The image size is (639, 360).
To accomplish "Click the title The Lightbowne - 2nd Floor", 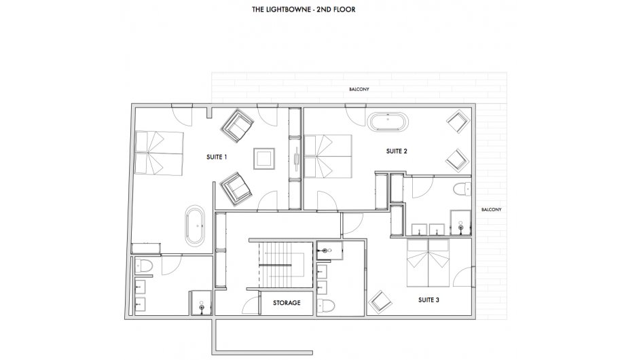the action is coord(304,10).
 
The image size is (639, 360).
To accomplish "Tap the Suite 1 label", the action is coord(217,157).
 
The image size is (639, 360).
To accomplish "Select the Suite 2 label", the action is coord(397,151).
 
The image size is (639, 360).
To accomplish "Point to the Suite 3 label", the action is coord(428,300).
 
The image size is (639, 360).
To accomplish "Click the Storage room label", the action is coord(287,303).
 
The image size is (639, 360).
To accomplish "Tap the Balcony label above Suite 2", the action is coord(359,89).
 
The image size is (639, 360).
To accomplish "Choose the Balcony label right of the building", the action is coord(491,210).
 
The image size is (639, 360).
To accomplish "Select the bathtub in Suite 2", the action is coord(388,122).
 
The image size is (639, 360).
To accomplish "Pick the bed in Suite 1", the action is coord(159,153).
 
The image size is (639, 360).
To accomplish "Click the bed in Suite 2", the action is coord(328,156).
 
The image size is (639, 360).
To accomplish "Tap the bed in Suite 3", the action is coord(428,263).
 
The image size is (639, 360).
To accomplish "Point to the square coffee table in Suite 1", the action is coord(264,158).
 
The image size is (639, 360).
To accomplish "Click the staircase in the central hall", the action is coord(281,265).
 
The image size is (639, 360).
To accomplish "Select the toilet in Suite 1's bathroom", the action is coord(143,266).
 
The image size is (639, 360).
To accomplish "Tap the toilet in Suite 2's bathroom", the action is coord(462,190).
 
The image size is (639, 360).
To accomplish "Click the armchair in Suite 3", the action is coord(380,302).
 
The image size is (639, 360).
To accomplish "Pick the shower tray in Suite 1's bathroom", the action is coord(200,303).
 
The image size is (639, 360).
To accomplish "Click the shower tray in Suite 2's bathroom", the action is coord(460,223).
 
